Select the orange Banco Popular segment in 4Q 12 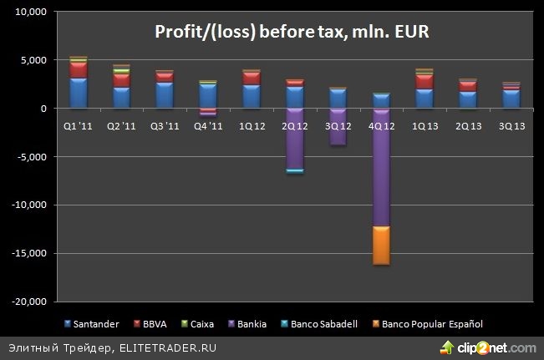[381, 246]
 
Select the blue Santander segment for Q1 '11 [79, 93]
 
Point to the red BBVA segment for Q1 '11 [79, 69]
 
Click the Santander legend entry [92, 324]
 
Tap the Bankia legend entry [246, 324]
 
